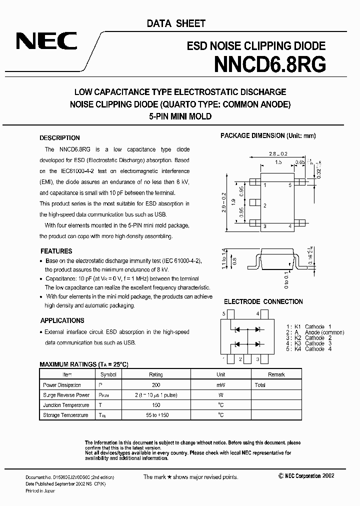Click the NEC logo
46,41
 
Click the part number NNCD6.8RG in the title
270,64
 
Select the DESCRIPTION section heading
59,138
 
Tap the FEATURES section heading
56,251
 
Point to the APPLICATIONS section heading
62,320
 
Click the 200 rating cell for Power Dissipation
155,385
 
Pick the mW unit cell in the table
221,385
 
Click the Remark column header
276,374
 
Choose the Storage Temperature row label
65,415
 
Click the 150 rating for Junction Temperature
155,405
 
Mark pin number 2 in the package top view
264,205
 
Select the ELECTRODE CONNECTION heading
263,301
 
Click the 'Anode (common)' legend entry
324,332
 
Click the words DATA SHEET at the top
176,23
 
